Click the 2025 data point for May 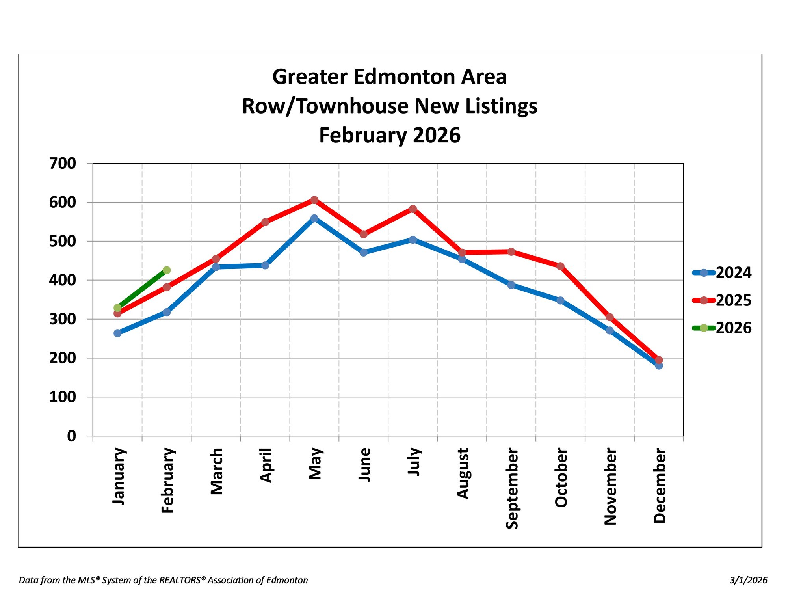point(314,200)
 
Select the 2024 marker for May point(314,218)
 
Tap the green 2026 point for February point(167,270)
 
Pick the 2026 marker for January point(117,308)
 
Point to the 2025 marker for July point(413,209)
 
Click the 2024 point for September point(511,285)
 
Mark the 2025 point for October point(560,266)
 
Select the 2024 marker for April point(265,265)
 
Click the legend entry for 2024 point(722,272)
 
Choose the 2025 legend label point(734,300)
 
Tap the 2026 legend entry point(722,328)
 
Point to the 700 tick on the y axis point(62,163)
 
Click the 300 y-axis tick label point(62,319)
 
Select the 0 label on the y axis point(71,436)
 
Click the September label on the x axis point(511,488)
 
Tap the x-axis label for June point(364,464)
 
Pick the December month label point(659,486)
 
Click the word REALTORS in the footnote point(182,580)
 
